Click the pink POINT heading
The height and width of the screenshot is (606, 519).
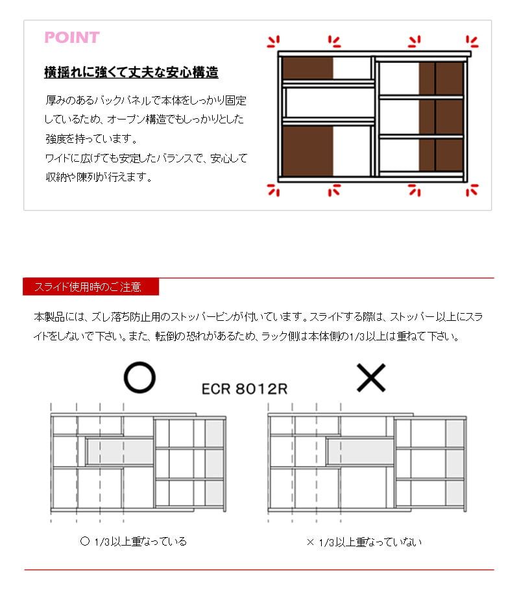[x=71, y=38]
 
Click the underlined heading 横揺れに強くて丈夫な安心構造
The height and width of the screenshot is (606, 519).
[x=131, y=72]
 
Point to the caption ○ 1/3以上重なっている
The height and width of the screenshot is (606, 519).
[x=132, y=541]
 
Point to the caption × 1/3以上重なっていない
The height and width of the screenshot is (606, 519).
[x=363, y=542]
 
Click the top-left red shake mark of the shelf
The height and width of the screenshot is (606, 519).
[x=274, y=42]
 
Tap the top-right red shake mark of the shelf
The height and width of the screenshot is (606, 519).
[x=472, y=42]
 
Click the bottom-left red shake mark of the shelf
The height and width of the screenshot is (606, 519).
[x=274, y=190]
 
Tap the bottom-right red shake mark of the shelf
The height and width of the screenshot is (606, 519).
[x=472, y=190]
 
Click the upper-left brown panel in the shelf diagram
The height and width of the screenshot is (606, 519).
[x=308, y=68]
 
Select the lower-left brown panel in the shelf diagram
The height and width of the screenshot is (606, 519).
[x=308, y=151]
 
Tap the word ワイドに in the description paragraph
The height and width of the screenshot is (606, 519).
[x=59, y=158]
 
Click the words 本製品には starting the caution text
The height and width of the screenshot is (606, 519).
[x=56, y=318]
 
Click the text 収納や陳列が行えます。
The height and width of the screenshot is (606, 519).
[x=98, y=177]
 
